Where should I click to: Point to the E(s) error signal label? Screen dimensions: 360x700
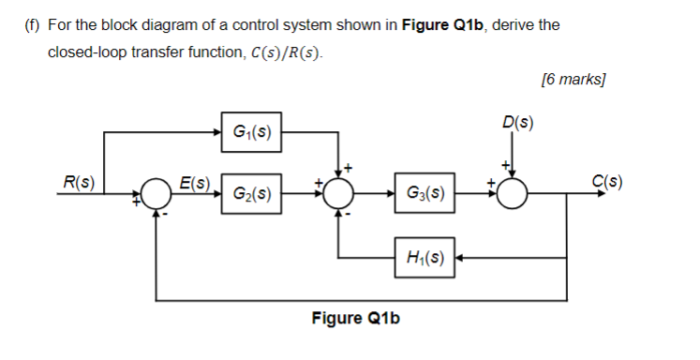pyautogui.click(x=195, y=181)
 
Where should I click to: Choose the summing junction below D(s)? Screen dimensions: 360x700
pyautogui.click(x=513, y=195)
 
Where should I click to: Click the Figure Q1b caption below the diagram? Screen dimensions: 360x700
pyautogui.click(x=355, y=318)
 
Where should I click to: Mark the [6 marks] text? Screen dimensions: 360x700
pyautogui.click(x=573, y=80)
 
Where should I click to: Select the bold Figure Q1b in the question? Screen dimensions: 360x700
pyautogui.click(x=439, y=24)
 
